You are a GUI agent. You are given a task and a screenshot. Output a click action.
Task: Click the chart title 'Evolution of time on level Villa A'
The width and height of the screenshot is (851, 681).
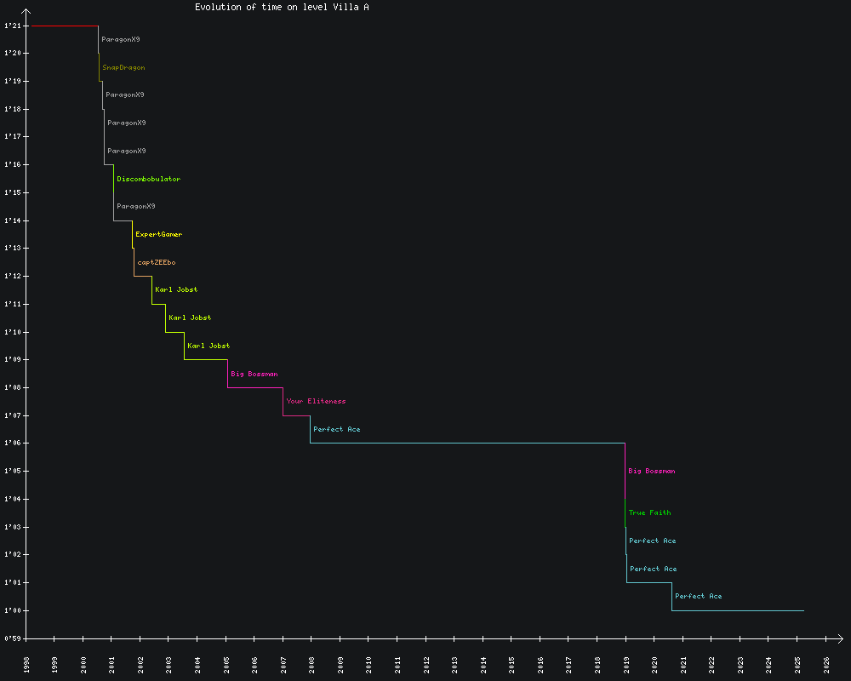tap(282, 7)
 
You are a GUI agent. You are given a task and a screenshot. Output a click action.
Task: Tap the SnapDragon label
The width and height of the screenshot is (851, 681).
tap(123, 67)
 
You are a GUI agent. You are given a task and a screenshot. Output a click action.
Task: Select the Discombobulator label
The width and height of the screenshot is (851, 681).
tap(148, 179)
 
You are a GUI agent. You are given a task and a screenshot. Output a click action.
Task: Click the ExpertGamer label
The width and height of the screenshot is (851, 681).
tap(158, 234)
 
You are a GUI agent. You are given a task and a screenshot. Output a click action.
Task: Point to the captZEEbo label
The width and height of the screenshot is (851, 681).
tap(157, 262)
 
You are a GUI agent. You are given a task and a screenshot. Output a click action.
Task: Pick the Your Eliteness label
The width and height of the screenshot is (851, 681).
tap(316, 401)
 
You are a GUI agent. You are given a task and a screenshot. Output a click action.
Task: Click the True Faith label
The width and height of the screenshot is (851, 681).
tap(649, 512)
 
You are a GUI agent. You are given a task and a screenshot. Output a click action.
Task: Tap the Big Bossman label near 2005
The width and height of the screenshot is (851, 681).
tap(254, 374)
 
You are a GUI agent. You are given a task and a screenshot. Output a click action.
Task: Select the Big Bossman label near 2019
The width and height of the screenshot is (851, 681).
tap(652, 471)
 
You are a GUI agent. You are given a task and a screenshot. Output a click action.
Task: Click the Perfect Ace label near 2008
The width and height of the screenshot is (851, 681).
tap(336, 429)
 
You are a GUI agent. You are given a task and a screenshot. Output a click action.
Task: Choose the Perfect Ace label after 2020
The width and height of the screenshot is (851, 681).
tap(698, 596)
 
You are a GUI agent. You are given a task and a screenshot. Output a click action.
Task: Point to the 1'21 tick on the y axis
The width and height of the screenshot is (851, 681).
tap(12, 26)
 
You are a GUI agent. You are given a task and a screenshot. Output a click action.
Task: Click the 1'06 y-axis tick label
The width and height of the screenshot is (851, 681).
tap(12, 444)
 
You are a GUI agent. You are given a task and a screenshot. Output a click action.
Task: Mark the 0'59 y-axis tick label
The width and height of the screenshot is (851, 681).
tap(12, 638)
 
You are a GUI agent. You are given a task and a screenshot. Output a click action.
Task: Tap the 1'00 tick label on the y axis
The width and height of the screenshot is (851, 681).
tap(12, 610)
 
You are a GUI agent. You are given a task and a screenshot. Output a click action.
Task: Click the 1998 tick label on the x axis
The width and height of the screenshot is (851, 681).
tap(26, 663)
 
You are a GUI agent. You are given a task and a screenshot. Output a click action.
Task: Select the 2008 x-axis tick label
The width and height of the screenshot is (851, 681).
tap(311, 663)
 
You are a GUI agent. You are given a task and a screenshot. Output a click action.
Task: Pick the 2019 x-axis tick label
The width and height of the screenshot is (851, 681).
tap(626, 663)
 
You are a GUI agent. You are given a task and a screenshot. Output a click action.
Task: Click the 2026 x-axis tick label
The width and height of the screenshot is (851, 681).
tap(826, 663)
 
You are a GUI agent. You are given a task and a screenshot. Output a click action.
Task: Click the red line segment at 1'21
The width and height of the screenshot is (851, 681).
tap(63, 26)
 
